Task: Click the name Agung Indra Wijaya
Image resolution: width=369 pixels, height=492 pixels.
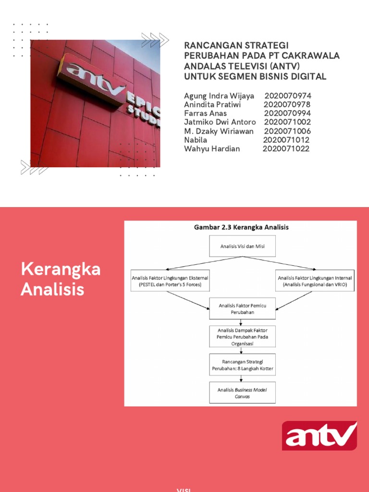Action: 219,96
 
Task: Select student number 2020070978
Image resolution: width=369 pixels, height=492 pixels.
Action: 287,105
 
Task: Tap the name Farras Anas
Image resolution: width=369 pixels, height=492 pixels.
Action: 205,113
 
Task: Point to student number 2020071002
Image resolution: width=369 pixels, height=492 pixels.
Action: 287,122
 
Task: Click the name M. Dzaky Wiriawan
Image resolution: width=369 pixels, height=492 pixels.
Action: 219,131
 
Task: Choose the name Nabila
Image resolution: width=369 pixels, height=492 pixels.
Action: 196,140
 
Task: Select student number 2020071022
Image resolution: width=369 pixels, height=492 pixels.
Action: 286,148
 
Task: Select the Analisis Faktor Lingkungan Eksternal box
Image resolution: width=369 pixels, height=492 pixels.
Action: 167,281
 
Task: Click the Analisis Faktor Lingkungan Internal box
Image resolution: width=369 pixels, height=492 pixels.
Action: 315,281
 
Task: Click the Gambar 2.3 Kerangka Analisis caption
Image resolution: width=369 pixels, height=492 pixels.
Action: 241,227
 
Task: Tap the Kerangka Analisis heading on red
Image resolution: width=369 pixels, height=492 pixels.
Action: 61,279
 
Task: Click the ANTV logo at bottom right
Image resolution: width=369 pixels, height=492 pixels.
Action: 319,436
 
